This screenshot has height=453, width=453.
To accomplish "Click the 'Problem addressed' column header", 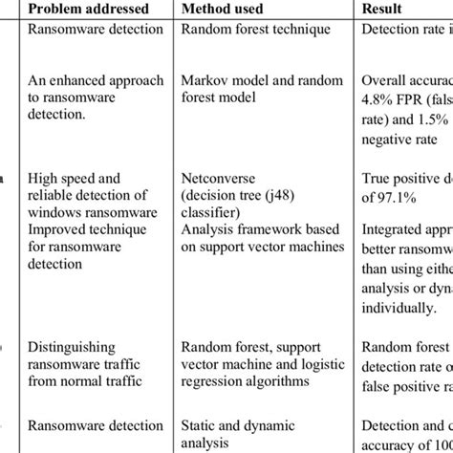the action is click(x=89, y=9).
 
